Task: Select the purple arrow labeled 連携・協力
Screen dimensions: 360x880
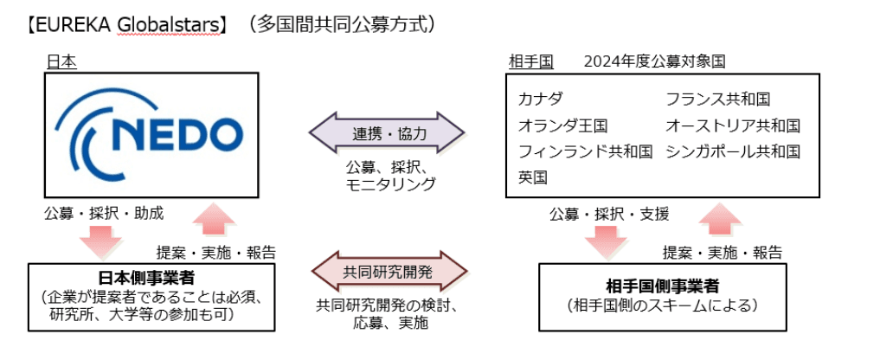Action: (388, 133)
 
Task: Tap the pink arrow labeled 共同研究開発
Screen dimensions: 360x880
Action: (388, 273)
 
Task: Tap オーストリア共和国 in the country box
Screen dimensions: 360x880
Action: (733, 125)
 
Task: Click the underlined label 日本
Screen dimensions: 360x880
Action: (61, 61)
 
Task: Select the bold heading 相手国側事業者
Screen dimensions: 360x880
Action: (663, 286)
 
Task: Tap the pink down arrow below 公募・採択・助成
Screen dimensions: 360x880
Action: (104, 240)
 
